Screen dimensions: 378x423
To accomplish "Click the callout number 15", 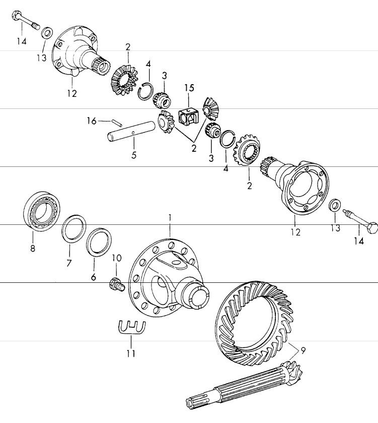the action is (x=189, y=88).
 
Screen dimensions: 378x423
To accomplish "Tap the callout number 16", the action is (x=92, y=121).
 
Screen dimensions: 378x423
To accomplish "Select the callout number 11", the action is (x=131, y=353).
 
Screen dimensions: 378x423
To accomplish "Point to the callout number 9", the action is (x=303, y=350).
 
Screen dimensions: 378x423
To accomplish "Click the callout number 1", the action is (x=170, y=217).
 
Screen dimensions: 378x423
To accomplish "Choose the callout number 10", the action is (x=117, y=258).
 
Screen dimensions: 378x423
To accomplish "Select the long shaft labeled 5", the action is (x=130, y=132).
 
